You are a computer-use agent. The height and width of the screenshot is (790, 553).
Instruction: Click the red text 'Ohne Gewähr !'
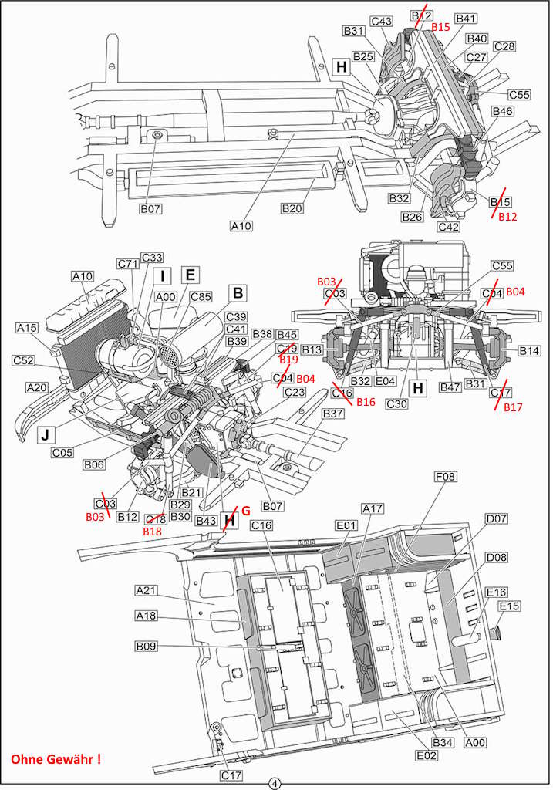pyautogui.click(x=56, y=759)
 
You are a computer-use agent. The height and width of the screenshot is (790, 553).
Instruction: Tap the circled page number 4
pyautogui.click(x=275, y=784)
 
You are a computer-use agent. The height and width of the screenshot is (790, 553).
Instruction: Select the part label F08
pyautogui.click(x=445, y=476)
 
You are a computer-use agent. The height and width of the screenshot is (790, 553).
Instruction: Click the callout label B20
pyautogui.click(x=292, y=208)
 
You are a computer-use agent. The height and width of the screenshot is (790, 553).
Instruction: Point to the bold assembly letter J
pyautogui.click(x=46, y=435)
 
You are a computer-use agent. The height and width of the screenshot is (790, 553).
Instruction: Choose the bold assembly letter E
pyautogui.click(x=191, y=275)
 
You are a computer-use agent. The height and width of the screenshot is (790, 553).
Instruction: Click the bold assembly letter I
pyautogui.click(x=162, y=276)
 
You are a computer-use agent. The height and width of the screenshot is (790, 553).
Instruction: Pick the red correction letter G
pyautogui.click(x=246, y=511)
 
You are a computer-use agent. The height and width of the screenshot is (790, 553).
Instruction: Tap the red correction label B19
pyautogui.click(x=288, y=360)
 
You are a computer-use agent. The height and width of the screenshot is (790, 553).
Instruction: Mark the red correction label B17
pyautogui.click(x=513, y=407)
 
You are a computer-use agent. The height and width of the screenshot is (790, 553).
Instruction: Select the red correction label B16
pyautogui.click(x=366, y=401)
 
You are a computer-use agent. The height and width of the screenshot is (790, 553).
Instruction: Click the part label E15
pyautogui.click(x=510, y=606)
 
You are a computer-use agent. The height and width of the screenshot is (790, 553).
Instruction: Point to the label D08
pyautogui.click(x=497, y=558)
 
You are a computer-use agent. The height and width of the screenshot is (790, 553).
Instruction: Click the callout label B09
pyautogui.click(x=146, y=646)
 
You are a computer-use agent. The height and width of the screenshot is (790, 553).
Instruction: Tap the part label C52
pyautogui.click(x=23, y=361)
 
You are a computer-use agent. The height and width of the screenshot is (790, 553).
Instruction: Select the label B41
pyautogui.click(x=465, y=19)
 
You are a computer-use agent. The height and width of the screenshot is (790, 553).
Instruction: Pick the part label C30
pyautogui.click(x=396, y=403)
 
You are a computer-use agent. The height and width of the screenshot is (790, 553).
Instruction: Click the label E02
pyautogui.click(x=427, y=755)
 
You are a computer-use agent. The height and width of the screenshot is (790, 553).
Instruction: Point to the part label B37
pyautogui.click(x=333, y=414)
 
